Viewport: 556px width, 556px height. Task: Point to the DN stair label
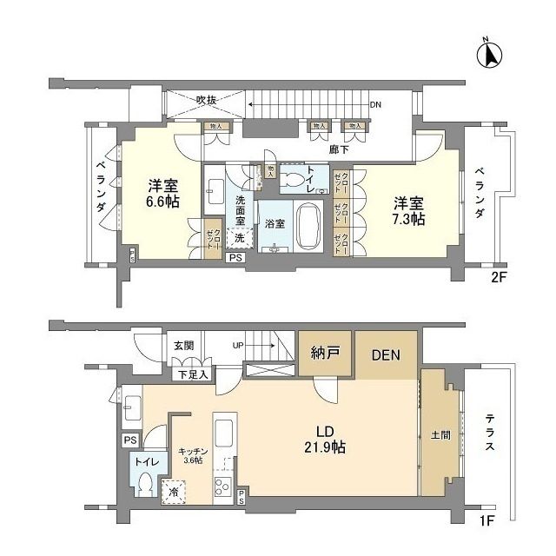[x=375, y=105]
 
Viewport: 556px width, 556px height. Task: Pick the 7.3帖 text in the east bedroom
[x=407, y=221]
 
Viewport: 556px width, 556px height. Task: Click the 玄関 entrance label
[x=183, y=346]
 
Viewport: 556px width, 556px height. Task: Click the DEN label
[x=386, y=354]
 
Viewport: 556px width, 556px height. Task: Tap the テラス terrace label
[x=490, y=436]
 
